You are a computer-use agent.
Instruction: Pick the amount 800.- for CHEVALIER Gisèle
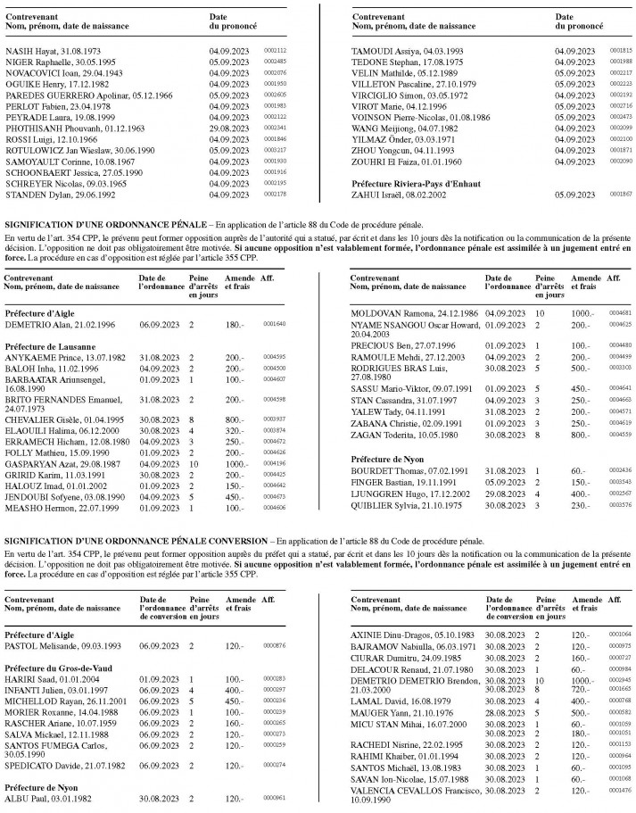(x=234, y=394)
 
